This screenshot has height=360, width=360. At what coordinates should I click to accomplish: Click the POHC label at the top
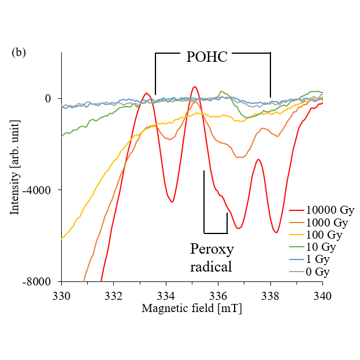click(x=206, y=57)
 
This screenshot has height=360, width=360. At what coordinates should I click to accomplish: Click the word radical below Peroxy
click(x=211, y=266)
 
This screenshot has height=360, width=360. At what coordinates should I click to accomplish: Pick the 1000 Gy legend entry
click(x=327, y=222)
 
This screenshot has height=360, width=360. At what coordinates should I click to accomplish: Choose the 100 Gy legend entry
click(x=325, y=235)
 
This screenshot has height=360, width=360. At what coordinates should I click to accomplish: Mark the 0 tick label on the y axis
click(x=49, y=99)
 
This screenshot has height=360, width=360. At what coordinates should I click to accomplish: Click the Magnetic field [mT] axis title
click(x=192, y=309)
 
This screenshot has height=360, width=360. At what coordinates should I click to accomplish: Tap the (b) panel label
click(x=18, y=52)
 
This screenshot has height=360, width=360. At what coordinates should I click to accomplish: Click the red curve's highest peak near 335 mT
click(x=195, y=87)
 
